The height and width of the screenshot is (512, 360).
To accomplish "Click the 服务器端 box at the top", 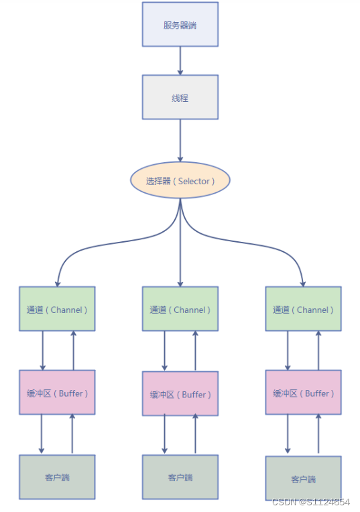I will pyautogui.click(x=180, y=25).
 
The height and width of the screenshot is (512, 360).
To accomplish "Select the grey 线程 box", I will pyautogui.click(x=180, y=97).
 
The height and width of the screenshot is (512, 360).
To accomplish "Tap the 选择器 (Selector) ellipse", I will pyautogui.click(x=180, y=181).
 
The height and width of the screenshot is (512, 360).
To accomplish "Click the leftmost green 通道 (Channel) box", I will pyautogui.click(x=57, y=309).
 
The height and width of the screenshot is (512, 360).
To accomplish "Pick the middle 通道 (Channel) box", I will pyautogui.click(x=180, y=309).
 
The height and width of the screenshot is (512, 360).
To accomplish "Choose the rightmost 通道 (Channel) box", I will pyautogui.click(x=303, y=309).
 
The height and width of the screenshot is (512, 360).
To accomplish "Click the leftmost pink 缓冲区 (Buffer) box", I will pyautogui.click(x=57, y=393).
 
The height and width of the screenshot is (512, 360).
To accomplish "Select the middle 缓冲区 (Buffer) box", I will pyautogui.click(x=180, y=393).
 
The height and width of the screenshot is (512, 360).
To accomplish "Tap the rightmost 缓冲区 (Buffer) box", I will pyautogui.click(x=303, y=393).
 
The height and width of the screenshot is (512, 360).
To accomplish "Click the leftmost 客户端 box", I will pyautogui.click(x=57, y=477).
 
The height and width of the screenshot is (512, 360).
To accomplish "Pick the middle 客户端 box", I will pyautogui.click(x=180, y=477).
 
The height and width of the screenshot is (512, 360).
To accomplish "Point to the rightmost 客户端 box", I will pyautogui.click(x=303, y=478).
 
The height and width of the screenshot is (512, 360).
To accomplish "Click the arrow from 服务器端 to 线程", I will pyautogui.click(x=180, y=60).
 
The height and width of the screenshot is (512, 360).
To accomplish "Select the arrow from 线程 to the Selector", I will pyautogui.click(x=180, y=141).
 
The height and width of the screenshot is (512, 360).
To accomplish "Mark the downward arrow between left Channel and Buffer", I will pyautogui.click(x=42, y=350).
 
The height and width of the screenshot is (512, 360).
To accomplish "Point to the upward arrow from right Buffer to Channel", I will pyautogui.click(x=318, y=350).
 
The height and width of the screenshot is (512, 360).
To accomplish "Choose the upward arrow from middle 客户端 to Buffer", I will pyautogui.click(x=195, y=434).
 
